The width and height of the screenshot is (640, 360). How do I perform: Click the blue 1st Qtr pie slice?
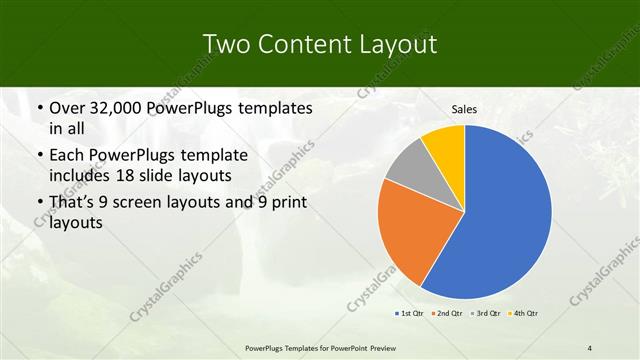point(505,215)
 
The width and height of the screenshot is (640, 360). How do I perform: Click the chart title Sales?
point(464,108)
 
